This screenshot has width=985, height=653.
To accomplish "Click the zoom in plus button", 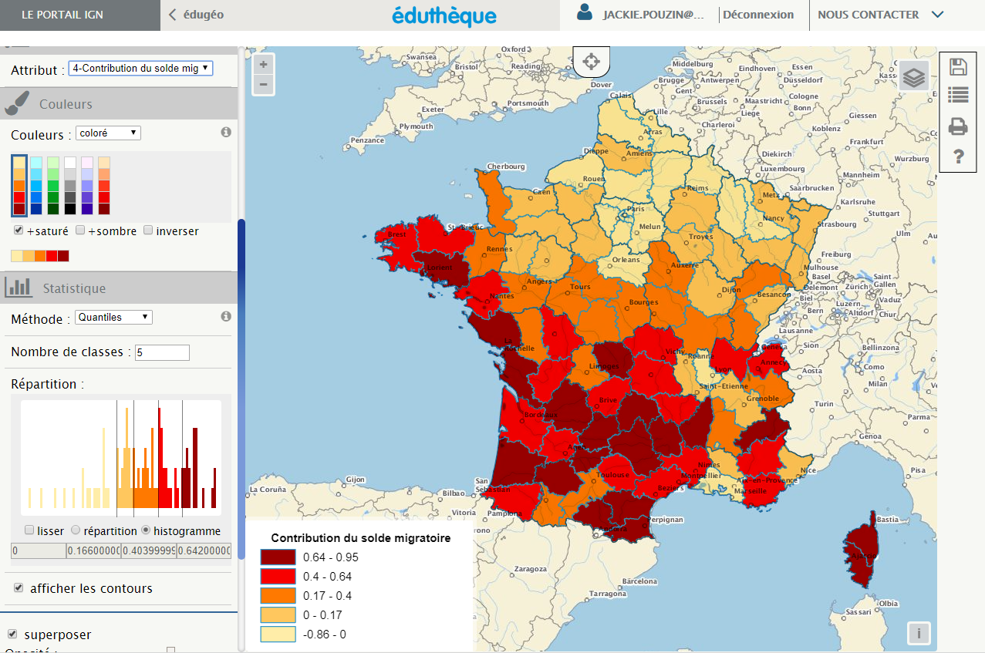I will point(264,64).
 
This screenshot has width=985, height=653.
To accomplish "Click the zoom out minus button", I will point(264,84).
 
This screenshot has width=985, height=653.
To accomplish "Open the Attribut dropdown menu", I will point(140,69).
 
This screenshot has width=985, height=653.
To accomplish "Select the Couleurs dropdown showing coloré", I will point(109,133).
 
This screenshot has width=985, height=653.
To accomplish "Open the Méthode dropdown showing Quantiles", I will point(113,317).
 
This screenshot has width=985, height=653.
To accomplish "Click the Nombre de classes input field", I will point(162,352).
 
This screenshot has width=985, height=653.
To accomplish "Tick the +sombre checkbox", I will point(80,231).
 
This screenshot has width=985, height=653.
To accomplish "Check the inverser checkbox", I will point(148,231).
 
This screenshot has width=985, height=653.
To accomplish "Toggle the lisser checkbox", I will point(29,530).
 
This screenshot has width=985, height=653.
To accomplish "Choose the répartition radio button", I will point(76,530).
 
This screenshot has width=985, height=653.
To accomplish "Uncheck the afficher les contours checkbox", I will point(19,588).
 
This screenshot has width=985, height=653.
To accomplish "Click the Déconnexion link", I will point(758,15).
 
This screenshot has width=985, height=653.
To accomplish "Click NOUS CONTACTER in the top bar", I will point(868,15).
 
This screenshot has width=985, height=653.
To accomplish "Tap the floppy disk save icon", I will point(958,66).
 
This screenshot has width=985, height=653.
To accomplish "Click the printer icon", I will point(958,126).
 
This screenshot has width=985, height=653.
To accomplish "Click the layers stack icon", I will point(914,77).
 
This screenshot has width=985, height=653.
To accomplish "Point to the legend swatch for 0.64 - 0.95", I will point(277,557).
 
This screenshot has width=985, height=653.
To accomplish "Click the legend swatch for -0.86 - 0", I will point(277,634).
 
